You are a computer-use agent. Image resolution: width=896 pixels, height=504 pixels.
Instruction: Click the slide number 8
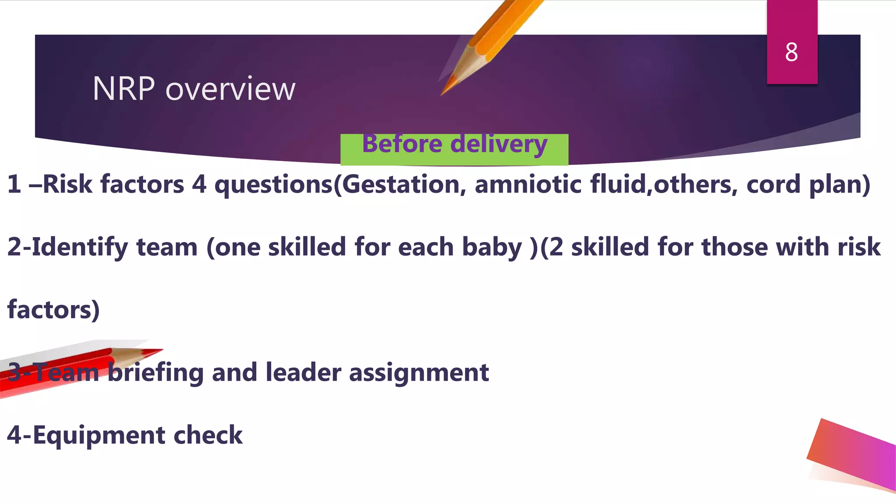(x=791, y=52)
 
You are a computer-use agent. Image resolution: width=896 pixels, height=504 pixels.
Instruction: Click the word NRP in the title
(x=124, y=89)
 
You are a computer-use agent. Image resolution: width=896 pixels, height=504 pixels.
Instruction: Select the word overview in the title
(x=231, y=89)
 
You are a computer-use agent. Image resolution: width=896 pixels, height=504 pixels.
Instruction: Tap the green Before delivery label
(x=454, y=149)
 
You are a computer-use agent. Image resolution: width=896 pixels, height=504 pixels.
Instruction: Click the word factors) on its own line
(x=53, y=310)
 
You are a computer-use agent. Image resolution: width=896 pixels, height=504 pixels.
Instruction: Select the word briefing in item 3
(x=156, y=373)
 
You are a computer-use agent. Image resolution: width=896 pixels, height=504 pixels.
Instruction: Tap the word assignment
(x=419, y=373)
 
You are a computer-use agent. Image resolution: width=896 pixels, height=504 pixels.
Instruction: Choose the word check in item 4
(x=208, y=435)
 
